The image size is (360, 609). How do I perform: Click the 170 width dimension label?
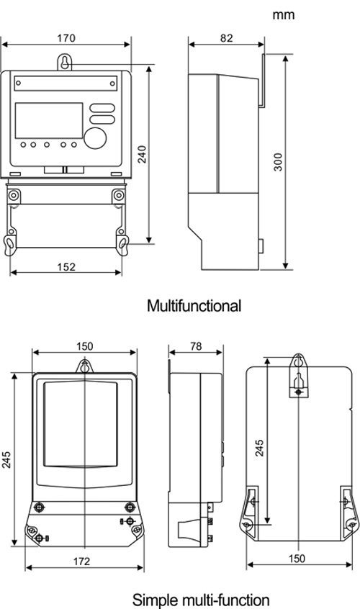click(x=66, y=38)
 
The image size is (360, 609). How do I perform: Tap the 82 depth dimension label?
click(x=226, y=38)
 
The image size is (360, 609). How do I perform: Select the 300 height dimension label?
click(x=278, y=162)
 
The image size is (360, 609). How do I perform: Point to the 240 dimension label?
click(x=143, y=154)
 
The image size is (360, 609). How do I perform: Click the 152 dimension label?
click(x=66, y=267)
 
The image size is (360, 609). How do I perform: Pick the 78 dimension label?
click(x=196, y=346)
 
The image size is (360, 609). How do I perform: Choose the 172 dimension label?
click(x=81, y=561)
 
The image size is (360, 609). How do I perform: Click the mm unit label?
click(x=284, y=15)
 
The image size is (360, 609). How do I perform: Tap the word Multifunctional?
click(x=194, y=306)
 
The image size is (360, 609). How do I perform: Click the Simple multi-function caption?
click(x=201, y=600)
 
